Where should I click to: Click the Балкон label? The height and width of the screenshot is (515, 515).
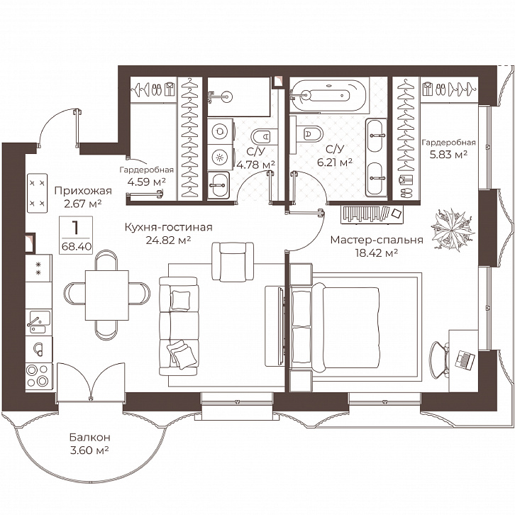click(89, 438)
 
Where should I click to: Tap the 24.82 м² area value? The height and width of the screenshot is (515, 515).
click(169, 240)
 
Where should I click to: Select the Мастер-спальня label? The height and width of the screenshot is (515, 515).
click(377, 240)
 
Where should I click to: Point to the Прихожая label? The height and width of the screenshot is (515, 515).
click(83, 191)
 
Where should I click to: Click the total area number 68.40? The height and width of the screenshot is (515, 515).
click(77, 246)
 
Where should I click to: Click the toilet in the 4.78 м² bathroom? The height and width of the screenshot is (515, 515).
click(262, 136)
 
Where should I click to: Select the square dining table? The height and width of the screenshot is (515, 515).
click(106, 294)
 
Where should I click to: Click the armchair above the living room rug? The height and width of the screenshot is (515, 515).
click(233, 262)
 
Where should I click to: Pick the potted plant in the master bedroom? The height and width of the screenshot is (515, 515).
click(453, 228)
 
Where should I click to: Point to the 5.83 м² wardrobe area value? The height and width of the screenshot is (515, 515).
click(448, 154)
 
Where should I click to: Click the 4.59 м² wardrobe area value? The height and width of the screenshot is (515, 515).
click(147, 182)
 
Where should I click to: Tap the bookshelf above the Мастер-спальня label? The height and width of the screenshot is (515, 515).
click(372, 214)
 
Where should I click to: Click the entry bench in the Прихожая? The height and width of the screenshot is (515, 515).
click(38, 193)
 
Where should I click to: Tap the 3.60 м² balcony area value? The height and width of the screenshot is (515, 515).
click(89, 450)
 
